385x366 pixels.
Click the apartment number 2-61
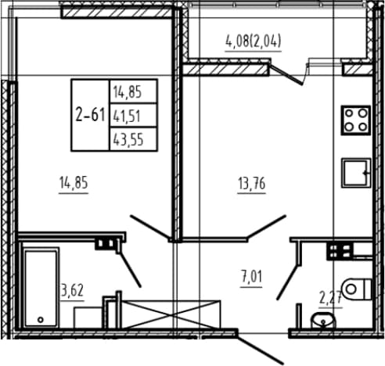tap(90, 115)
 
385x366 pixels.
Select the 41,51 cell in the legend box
tap(133, 116)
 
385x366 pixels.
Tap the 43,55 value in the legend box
tap(133, 139)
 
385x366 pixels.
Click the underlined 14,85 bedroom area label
tap(74, 182)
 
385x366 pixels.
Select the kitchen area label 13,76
tap(252, 183)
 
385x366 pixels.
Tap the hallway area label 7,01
tap(252, 277)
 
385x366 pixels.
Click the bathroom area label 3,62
tap(72, 290)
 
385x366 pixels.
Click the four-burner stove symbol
tap(356, 120)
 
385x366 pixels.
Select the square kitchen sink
tap(356, 173)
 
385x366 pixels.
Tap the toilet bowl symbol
tap(357, 289)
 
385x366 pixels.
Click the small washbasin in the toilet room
tap(323, 320)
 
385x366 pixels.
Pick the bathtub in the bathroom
tap(41, 288)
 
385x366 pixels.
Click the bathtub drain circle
tap(41, 319)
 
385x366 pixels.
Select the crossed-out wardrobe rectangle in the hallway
tap(171, 314)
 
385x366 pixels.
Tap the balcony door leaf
tap(286, 74)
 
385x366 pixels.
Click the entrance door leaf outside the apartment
tap(261, 349)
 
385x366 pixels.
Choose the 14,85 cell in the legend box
tap(133, 91)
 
